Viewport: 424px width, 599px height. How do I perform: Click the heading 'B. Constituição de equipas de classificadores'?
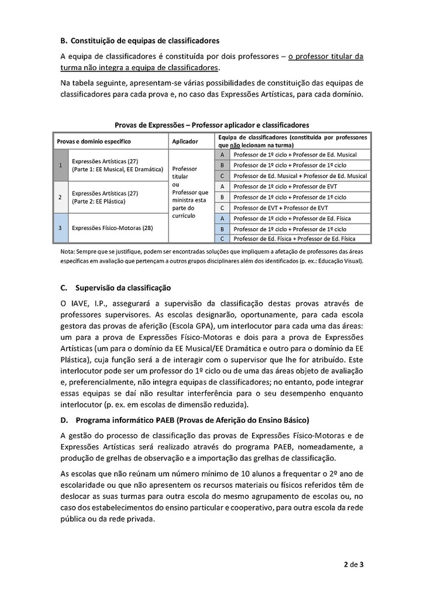pos(140,40)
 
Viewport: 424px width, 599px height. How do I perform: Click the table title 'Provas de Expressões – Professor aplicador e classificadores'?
pos(212,125)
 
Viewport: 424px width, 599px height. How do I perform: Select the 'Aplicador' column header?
pos(185,141)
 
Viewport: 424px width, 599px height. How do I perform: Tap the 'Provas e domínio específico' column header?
pos(94,141)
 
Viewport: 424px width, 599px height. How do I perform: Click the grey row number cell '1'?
pos(61,165)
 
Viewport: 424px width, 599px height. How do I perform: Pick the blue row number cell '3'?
pos(61,228)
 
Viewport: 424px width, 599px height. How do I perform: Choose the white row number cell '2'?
pos(61,197)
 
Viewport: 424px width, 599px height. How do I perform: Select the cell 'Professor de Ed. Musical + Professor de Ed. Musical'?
pos(299,175)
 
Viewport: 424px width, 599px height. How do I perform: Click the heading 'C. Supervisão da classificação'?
pos(115,288)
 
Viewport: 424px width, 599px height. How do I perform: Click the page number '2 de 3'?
pos(353,564)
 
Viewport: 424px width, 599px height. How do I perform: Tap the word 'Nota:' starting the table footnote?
pos(67,251)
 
